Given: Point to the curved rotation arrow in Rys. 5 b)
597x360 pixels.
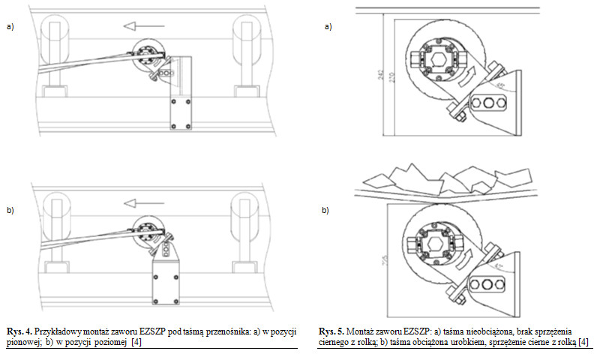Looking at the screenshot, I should coord(471,261).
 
